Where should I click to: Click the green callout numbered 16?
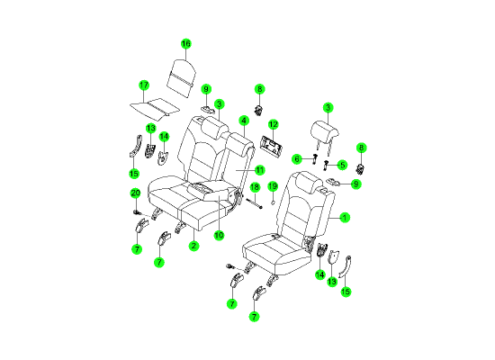click(x=186, y=43)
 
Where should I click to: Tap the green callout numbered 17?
click(x=144, y=85)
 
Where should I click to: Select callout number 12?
click(x=273, y=124)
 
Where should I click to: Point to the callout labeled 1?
click(x=345, y=217)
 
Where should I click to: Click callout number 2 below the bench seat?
click(x=193, y=246)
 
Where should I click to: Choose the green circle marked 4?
click(x=244, y=121)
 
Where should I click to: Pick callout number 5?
click(x=342, y=165)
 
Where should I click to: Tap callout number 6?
click(x=297, y=158)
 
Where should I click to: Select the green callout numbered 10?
click(x=219, y=235)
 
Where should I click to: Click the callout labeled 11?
click(x=259, y=170)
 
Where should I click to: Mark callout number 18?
click(x=255, y=187)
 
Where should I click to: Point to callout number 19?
click(x=273, y=186)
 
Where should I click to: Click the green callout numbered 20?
click(x=135, y=193)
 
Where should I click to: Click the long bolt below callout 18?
click(x=254, y=203)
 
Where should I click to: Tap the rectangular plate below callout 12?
click(x=271, y=146)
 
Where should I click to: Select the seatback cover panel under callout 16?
click(x=181, y=77)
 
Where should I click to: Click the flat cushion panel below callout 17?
click(x=155, y=108)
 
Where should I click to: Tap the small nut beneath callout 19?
click(x=274, y=202)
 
